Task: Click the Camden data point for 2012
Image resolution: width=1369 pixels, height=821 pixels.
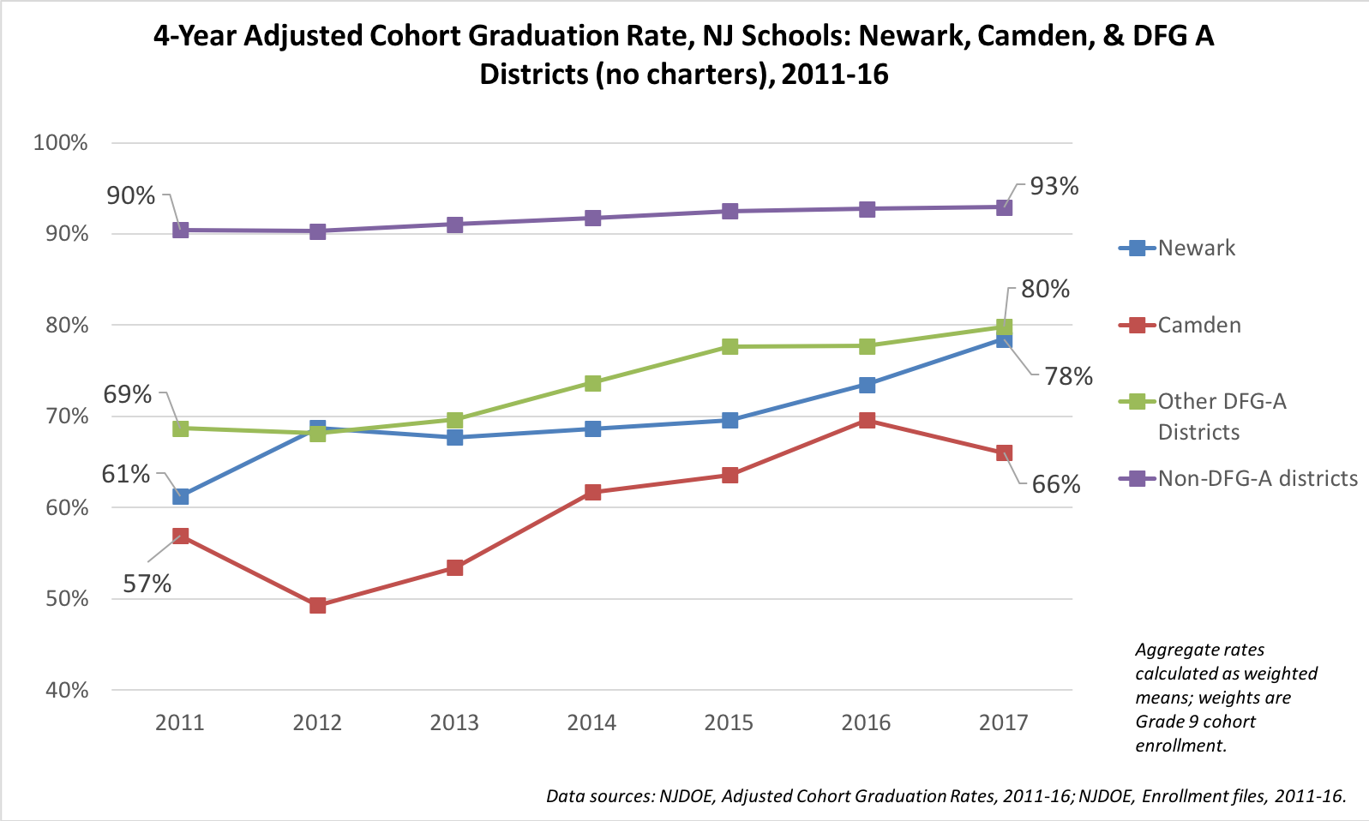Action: point(318,606)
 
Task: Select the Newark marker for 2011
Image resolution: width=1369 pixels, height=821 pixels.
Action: point(181,497)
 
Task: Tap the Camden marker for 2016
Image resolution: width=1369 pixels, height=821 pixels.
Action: point(867,420)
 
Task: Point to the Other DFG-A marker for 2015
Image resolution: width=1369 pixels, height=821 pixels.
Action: point(730,346)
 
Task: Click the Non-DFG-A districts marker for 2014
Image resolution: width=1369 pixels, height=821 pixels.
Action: point(592,218)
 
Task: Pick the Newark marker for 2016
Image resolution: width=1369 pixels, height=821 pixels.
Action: point(867,385)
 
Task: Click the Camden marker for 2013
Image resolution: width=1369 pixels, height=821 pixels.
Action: point(455,568)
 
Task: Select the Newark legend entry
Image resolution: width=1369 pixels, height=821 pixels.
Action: point(1196,249)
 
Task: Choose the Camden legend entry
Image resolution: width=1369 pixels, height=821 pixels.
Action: point(1198,326)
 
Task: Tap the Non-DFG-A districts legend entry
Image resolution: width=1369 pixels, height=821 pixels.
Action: point(1257,478)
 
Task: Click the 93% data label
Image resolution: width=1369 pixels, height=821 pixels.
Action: point(1054,186)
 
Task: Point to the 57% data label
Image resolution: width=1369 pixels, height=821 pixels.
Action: point(147,584)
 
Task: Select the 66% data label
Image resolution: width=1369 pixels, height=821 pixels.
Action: point(1056,484)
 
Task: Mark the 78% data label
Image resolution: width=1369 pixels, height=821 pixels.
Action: point(1068,376)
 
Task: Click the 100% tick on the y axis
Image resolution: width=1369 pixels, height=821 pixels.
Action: point(61,142)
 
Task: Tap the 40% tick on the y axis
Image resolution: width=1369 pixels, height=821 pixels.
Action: point(61,690)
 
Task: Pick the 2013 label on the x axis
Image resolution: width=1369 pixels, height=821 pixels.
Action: point(454,722)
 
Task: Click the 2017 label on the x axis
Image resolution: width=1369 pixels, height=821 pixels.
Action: point(1003,722)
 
